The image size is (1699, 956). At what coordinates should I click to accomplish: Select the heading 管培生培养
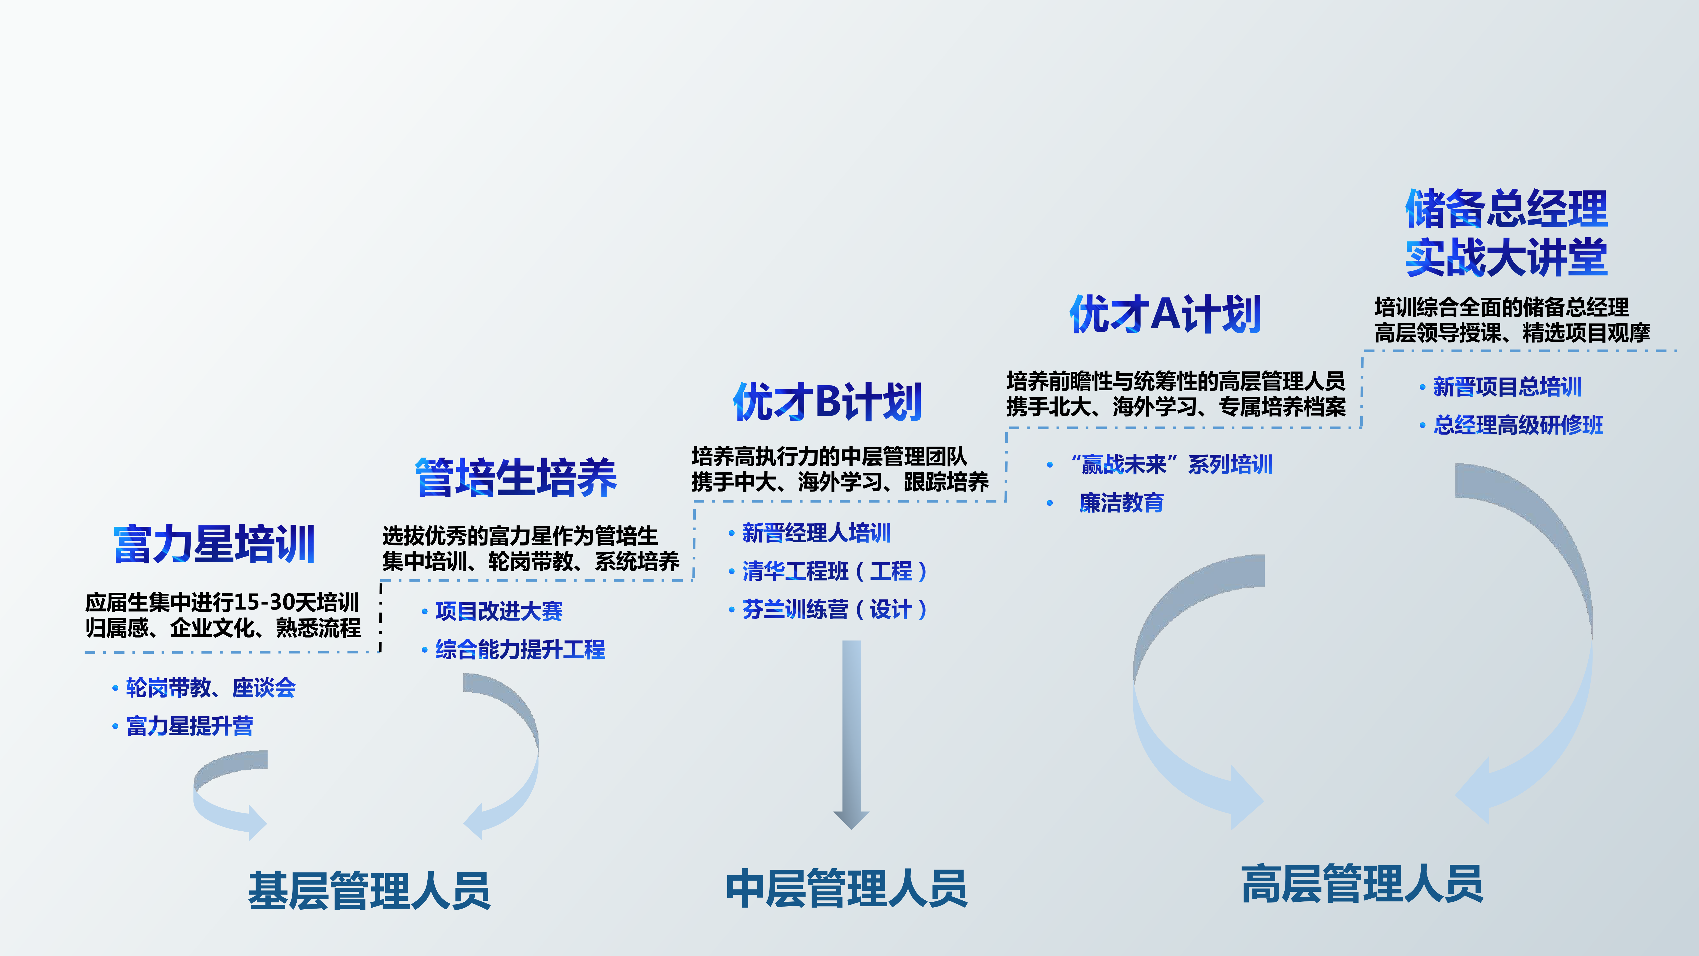pos(516,477)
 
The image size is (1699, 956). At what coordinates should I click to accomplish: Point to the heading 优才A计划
pos(1165,314)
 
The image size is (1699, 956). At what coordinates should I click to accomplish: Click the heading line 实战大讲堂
pos(1506,257)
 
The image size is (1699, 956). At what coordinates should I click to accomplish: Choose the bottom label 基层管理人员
pos(369,891)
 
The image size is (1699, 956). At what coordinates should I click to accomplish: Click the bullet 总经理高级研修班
pos(1518,425)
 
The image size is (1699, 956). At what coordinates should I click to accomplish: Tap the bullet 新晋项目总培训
pos(1508,387)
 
